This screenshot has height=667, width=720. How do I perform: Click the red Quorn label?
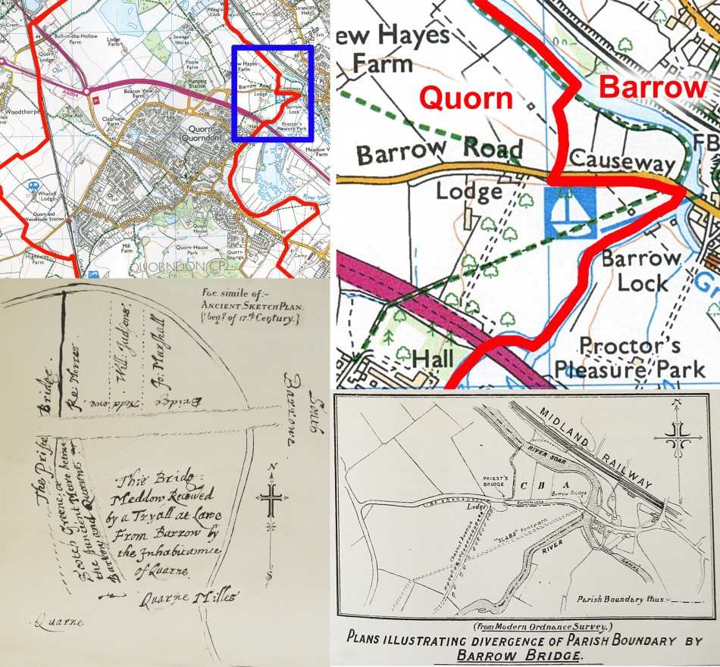point(466,98)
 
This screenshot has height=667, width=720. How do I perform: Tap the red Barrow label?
point(653,87)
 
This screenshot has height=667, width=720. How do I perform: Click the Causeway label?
point(621,162)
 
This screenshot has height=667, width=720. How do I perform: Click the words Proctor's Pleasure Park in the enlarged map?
point(635,357)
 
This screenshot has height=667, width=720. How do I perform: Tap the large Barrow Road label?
point(440,152)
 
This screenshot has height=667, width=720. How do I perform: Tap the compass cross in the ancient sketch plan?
point(270,500)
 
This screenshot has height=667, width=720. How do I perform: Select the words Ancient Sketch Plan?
point(249,307)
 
